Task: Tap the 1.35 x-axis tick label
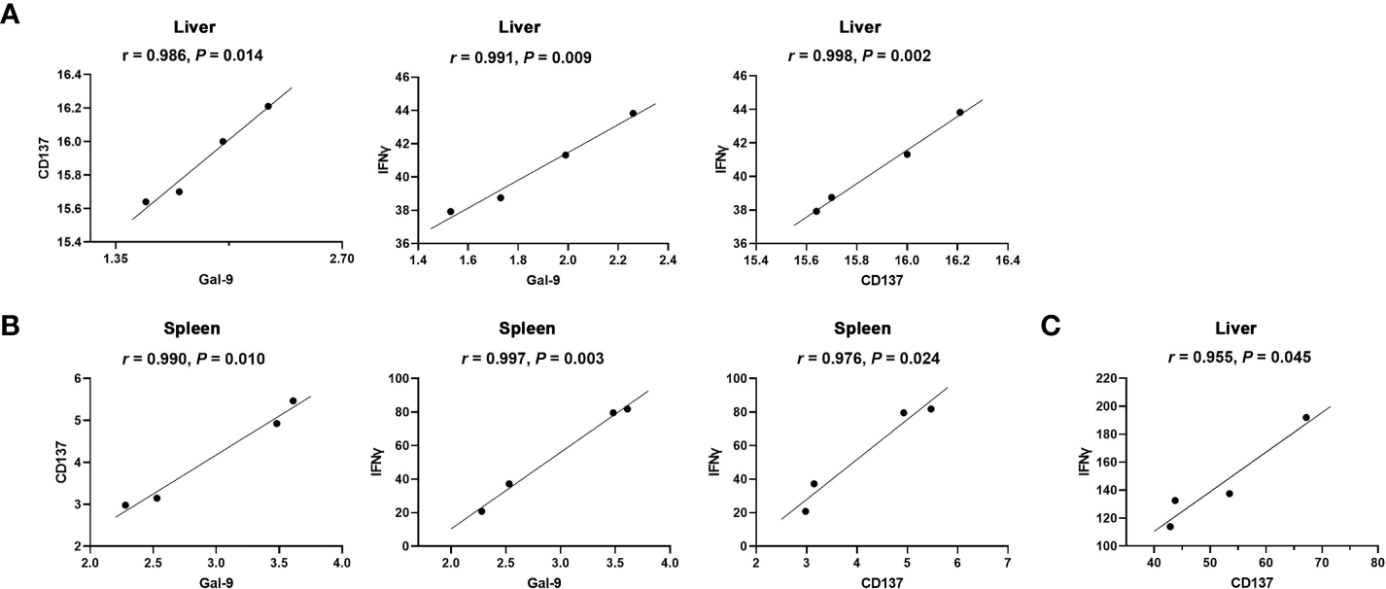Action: pos(116,260)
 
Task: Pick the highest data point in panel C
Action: pos(1305,417)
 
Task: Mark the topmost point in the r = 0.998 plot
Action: pos(959,112)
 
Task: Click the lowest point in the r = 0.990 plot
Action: pos(125,505)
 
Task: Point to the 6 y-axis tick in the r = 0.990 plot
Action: pos(74,378)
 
